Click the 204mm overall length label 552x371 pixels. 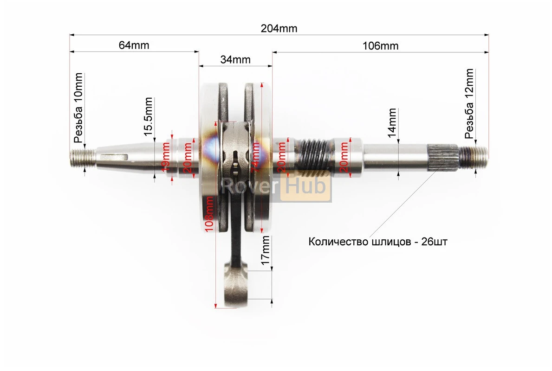point(279,28)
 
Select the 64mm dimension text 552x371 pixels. point(134,45)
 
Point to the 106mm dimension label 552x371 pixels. point(381,45)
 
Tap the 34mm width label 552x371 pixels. point(235,59)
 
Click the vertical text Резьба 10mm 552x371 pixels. point(78,108)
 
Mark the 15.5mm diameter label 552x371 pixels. point(148,116)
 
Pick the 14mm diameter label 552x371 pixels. point(392,122)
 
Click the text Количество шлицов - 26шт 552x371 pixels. point(378,242)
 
